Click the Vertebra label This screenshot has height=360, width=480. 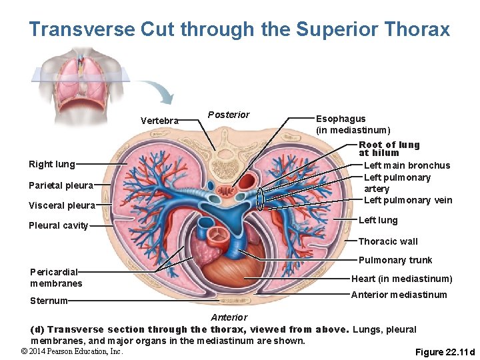pos(159,121)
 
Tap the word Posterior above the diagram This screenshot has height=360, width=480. pos(228,115)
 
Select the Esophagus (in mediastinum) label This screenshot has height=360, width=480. pos(353,124)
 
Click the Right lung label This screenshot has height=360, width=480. pos(51,164)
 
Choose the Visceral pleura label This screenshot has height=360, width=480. pos(61,205)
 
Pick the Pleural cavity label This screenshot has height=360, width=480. pos(58,225)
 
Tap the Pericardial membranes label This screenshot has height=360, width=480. pos(56,277)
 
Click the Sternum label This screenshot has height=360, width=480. pos(48,301)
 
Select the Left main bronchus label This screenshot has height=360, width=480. pos(407,165)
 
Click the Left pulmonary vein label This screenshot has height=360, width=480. pos(408,200)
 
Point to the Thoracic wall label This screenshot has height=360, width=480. pos(388,241)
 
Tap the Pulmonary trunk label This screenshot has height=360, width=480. pos(395,260)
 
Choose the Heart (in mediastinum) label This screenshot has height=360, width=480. pos(401,279)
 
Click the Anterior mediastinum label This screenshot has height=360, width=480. pos(399,295)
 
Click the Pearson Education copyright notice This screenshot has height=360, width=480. pos(71,351)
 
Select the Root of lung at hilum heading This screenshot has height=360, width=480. pos(389,149)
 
